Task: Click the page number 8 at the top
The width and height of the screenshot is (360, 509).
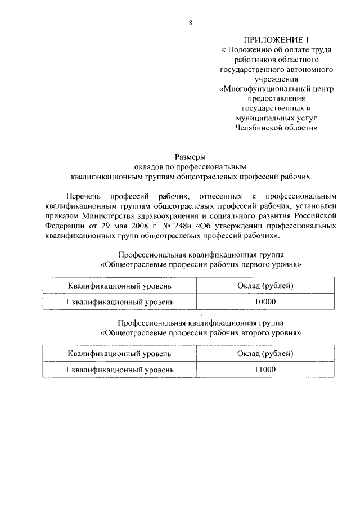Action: click(190, 23)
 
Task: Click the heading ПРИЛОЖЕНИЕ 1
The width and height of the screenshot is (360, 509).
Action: click(276, 40)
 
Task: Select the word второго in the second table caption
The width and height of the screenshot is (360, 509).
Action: click(247, 332)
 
